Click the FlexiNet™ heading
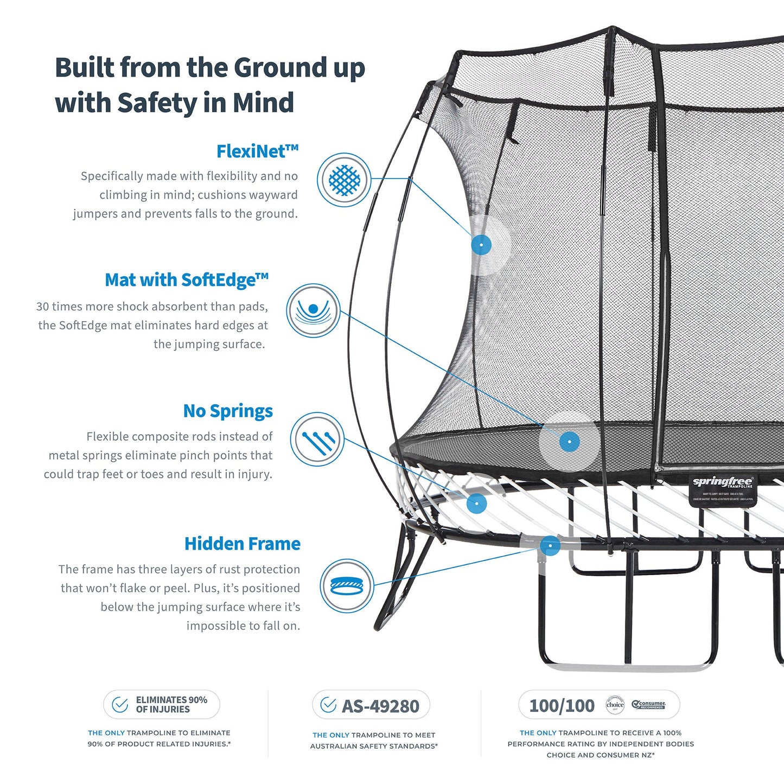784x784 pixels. (257, 151)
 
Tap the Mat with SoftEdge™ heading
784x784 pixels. (187, 280)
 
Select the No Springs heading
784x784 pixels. (228, 411)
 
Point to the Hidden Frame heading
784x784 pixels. (242, 544)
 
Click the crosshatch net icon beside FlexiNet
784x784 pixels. (344, 180)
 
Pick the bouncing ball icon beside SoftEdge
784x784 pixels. (313, 310)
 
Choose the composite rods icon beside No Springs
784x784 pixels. (317, 439)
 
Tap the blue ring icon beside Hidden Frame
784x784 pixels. (347, 586)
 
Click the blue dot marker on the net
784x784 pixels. (481, 245)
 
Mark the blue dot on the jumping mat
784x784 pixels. (569, 442)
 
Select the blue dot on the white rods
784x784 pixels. (477, 503)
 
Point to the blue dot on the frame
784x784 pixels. (550, 545)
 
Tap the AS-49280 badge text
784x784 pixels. (380, 706)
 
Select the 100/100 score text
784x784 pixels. (562, 705)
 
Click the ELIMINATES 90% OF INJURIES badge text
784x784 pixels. (171, 704)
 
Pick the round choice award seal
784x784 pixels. (615, 705)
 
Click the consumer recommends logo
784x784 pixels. (648, 705)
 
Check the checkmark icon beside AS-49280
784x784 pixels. (328, 705)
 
